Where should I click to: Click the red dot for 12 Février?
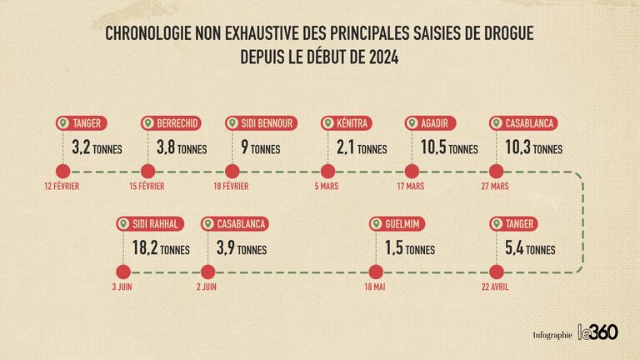point(62,172)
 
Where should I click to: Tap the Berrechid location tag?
point(170,123)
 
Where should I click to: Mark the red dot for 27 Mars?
point(497,172)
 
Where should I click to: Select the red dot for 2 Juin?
point(207,272)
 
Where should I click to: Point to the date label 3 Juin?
point(122,286)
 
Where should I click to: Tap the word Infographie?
point(552,334)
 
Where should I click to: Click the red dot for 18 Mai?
point(375,272)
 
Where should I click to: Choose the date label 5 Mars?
point(327,186)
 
